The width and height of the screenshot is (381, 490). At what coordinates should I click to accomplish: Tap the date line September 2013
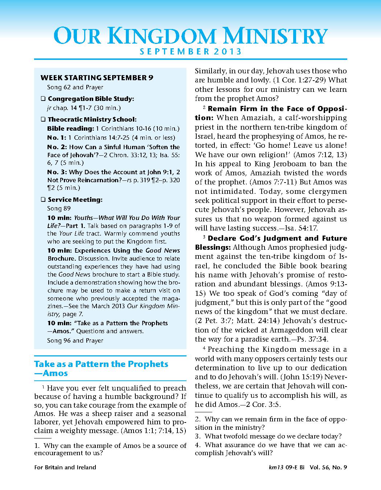tap(190, 52)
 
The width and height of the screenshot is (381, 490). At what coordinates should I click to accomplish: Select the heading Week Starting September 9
tap(97, 77)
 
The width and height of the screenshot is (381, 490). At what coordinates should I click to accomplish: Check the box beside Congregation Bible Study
tap(43, 99)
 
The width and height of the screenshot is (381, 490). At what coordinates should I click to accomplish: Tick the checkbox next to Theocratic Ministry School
tap(43, 119)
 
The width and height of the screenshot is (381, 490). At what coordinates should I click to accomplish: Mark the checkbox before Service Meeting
tap(43, 200)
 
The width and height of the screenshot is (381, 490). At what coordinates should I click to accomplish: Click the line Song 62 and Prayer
tap(75, 87)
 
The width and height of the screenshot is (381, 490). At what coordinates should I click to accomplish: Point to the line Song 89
tap(59, 208)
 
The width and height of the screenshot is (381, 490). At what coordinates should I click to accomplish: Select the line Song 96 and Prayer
tap(75, 340)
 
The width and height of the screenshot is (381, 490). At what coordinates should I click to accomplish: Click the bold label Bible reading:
tap(70, 128)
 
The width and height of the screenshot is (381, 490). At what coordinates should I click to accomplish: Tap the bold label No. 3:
tap(57, 172)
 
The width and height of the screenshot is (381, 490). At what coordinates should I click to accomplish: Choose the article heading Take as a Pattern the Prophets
tap(101, 364)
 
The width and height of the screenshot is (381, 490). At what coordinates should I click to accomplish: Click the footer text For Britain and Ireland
tap(65, 467)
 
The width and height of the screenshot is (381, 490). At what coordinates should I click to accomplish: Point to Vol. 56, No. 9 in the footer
tap(328, 467)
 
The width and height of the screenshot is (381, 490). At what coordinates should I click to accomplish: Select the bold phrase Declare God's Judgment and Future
tap(277, 238)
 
